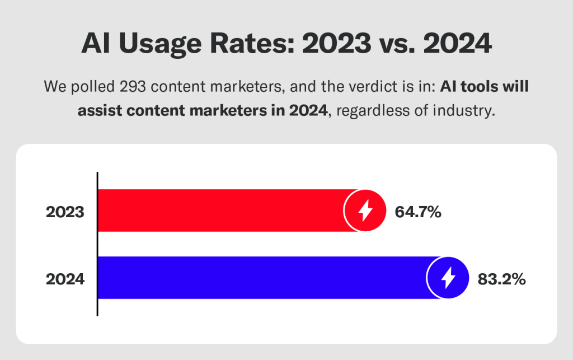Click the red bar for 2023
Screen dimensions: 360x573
(x=224, y=211)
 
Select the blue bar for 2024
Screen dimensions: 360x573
(x=263, y=278)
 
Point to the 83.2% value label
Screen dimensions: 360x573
(x=501, y=279)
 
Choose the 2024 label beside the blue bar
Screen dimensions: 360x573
(x=65, y=279)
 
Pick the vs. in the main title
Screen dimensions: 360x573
(x=400, y=44)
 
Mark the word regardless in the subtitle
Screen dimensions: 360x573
(x=367, y=111)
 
